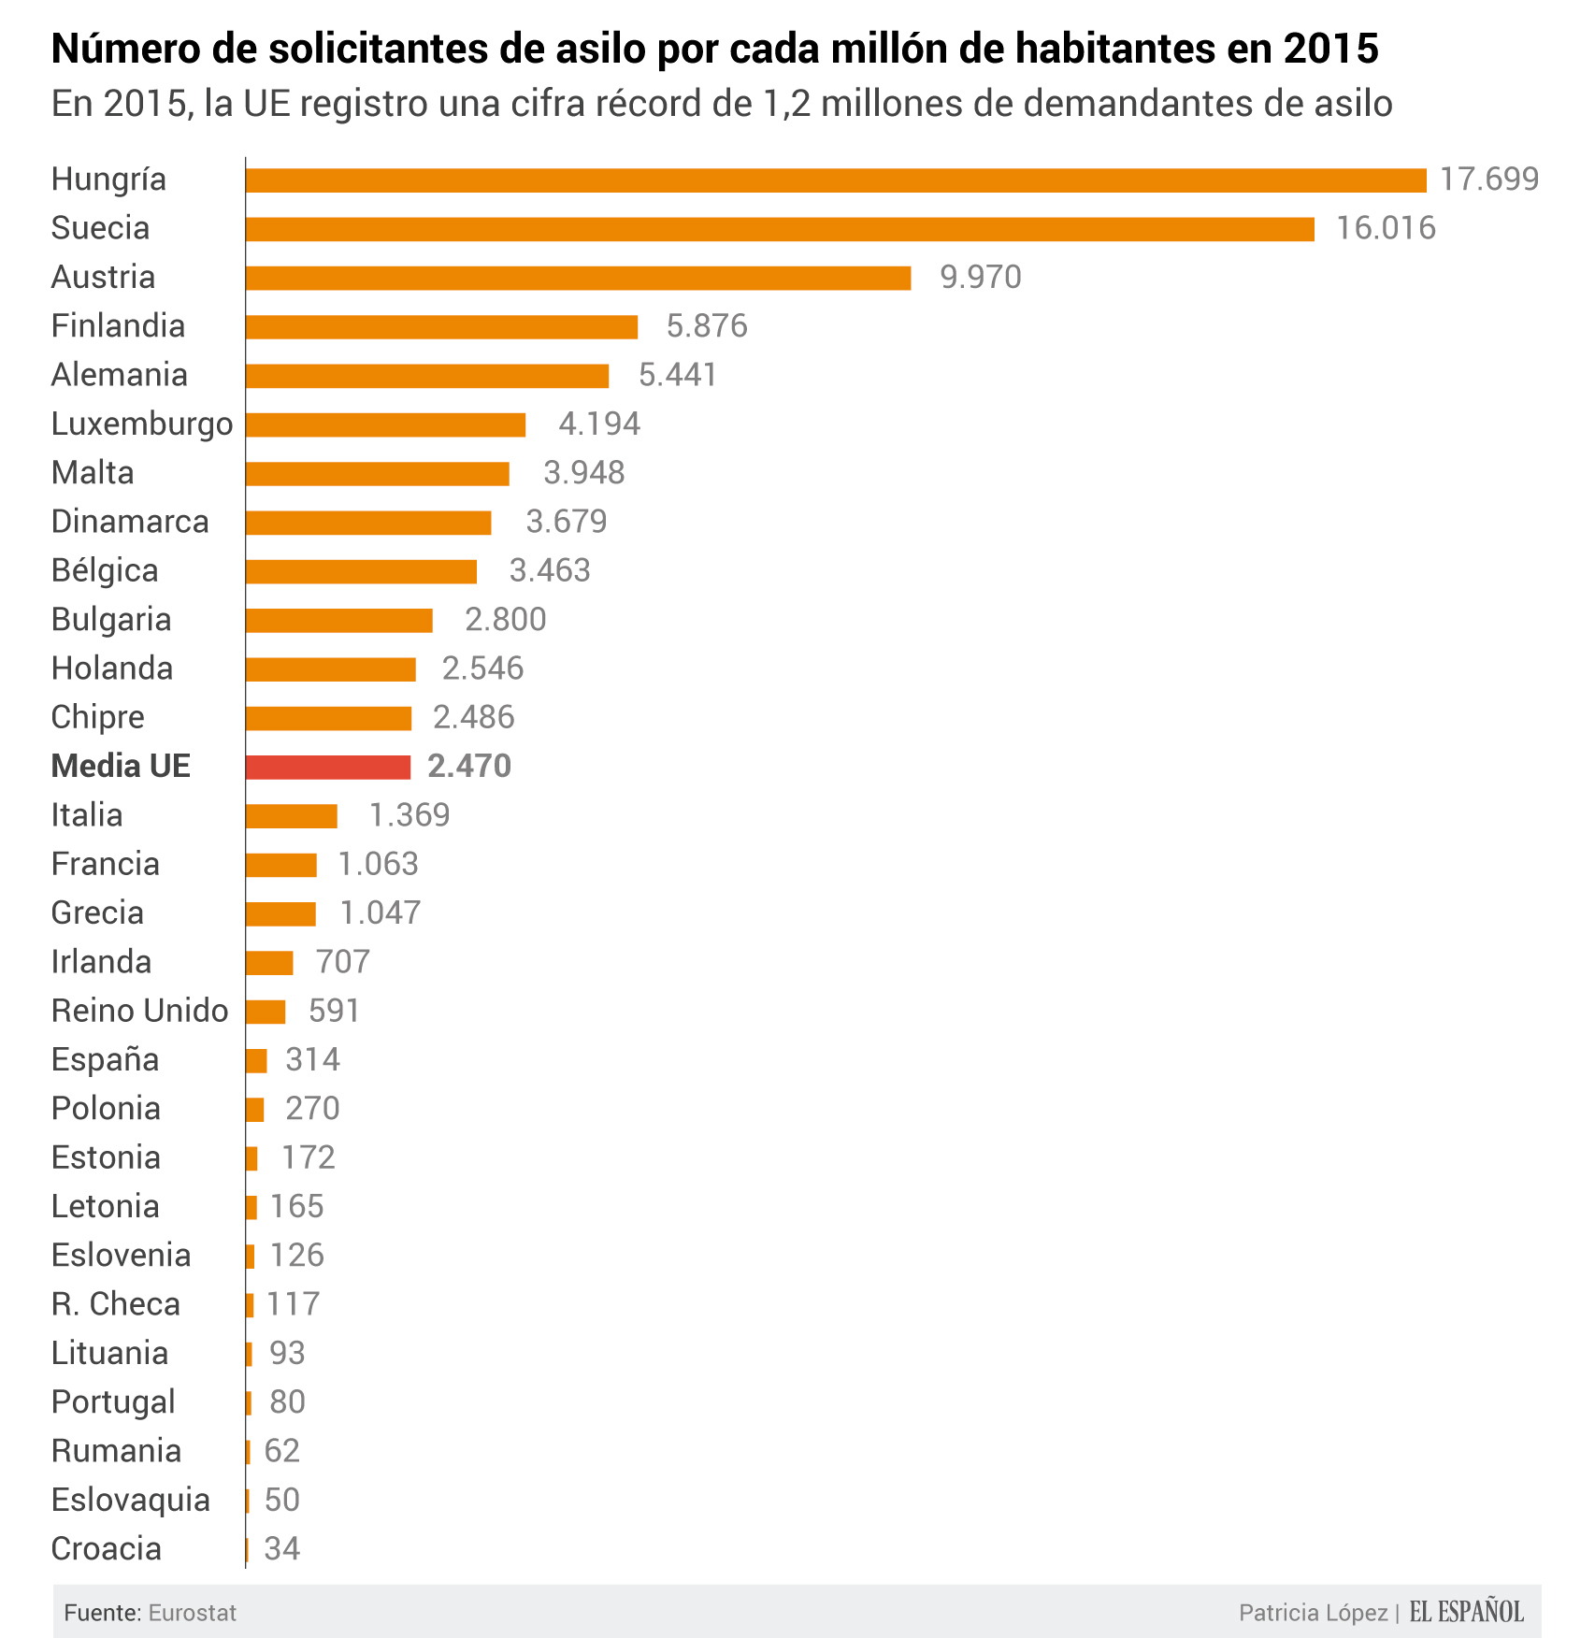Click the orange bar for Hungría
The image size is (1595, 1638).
[x=836, y=180]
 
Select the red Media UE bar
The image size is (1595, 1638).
[x=328, y=767]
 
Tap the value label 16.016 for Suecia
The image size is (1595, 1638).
[x=1385, y=228]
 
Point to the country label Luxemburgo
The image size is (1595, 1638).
[x=142, y=424]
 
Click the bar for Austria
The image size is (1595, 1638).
[x=578, y=278]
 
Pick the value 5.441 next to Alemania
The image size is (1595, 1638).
[x=677, y=375]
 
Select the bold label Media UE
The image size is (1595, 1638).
[x=121, y=766]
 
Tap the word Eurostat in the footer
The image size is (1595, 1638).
[x=192, y=1613]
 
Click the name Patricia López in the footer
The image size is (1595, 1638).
[x=1313, y=1613]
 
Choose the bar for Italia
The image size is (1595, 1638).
[x=291, y=816]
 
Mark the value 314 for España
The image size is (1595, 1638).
[x=312, y=1059]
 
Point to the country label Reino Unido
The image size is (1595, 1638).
[x=139, y=1011]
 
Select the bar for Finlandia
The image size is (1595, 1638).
[x=441, y=326]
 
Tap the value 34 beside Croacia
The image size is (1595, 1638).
[x=281, y=1548]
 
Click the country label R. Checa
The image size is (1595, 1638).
[x=116, y=1304]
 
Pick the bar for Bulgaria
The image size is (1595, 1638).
[x=338, y=620]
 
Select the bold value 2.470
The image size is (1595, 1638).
[x=468, y=767]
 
